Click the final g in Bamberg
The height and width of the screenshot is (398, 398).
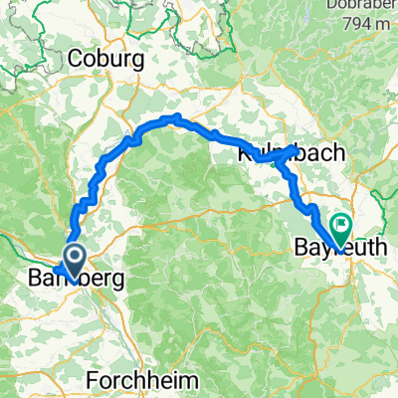(x=117, y=282)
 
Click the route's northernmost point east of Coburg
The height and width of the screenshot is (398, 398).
(x=175, y=117)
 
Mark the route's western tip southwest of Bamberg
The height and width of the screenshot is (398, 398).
(x=56, y=271)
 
